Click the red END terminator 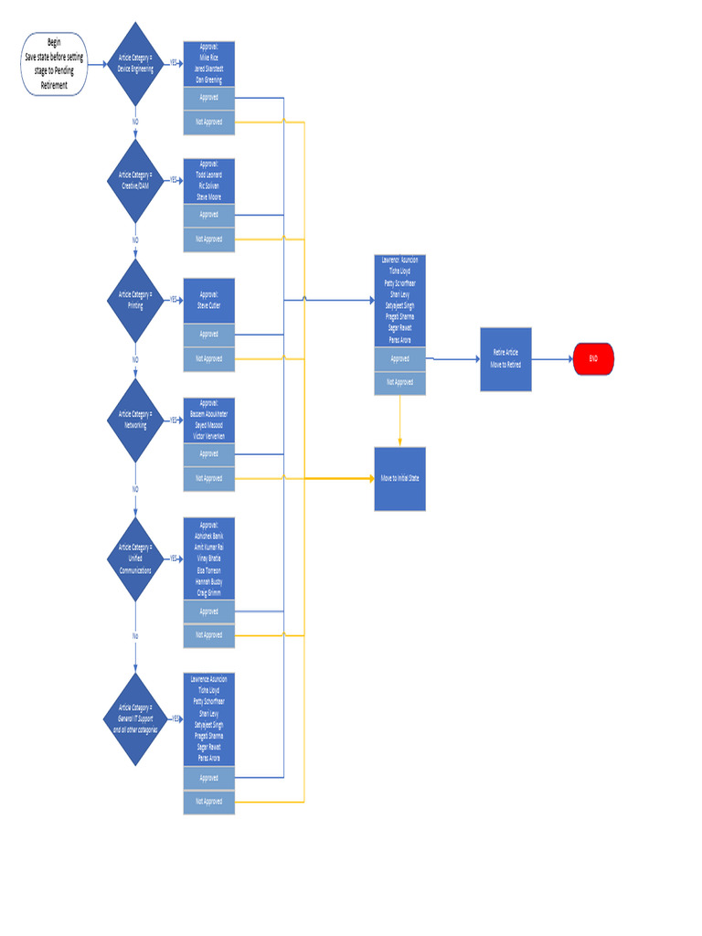(593, 359)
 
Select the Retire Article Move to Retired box (505, 358)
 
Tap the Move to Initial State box (399, 478)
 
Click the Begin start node (54, 64)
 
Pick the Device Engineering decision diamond (135, 64)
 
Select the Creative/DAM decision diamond (135, 180)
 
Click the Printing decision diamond (135, 300)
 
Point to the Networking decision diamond (135, 420)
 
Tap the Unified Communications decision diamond (135, 558)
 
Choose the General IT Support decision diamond (135, 719)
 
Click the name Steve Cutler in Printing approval (208, 305)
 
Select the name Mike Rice (208, 57)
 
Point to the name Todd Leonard (208, 174)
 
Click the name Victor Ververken (208, 436)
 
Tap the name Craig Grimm (208, 592)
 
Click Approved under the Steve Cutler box (208, 335)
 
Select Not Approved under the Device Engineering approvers (208, 122)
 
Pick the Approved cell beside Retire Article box (399, 359)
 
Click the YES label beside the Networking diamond (174, 420)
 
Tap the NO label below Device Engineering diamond (135, 121)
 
